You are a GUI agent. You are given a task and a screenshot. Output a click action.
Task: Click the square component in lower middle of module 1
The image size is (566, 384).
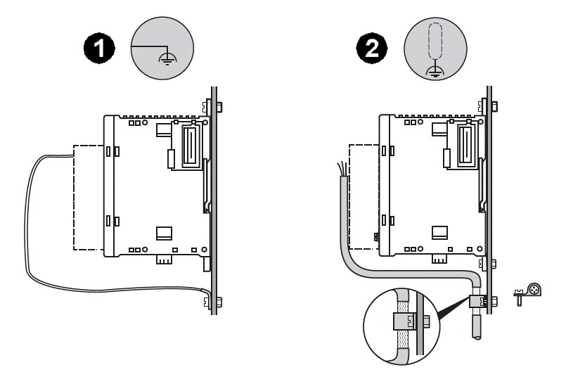pos(163,233)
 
